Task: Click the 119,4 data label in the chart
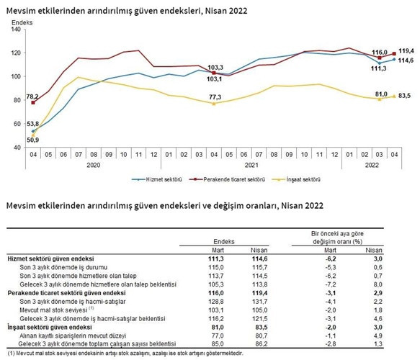click(x=406, y=51)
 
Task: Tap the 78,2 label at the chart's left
click(x=32, y=96)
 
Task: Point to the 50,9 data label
click(x=32, y=140)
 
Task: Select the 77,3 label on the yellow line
click(x=215, y=97)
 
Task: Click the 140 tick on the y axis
click(x=16, y=30)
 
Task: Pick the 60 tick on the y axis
click(x=18, y=124)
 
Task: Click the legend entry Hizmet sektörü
click(x=157, y=179)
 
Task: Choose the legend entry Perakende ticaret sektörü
click(x=227, y=179)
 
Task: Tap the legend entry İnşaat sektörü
click(x=296, y=179)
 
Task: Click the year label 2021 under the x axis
click(x=251, y=165)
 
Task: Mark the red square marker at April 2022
click(x=394, y=54)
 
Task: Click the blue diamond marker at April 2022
click(x=394, y=60)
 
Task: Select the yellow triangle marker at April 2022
click(x=394, y=96)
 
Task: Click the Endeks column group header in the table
click(x=224, y=241)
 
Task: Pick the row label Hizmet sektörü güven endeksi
click(x=50, y=258)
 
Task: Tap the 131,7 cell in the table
click(x=259, y=302)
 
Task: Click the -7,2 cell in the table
click(x=330, y=284)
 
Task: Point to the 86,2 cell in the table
click(x=262, y=344)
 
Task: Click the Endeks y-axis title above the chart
click(x=22, y=23)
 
